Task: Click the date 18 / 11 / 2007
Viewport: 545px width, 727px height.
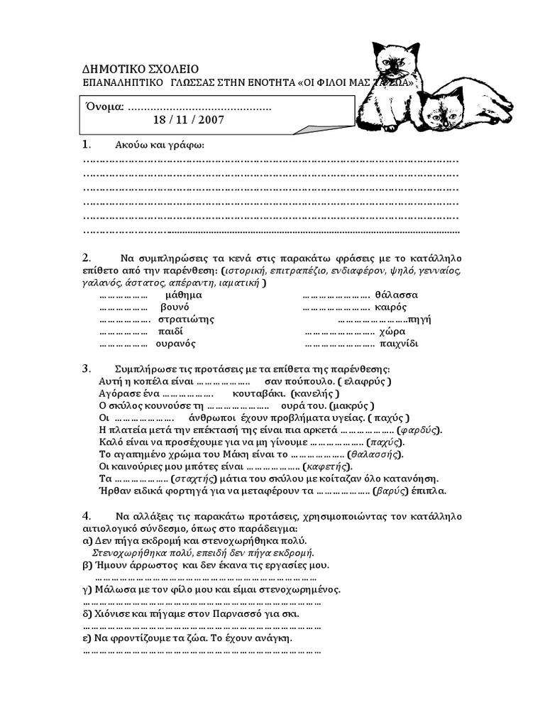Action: [187, 121]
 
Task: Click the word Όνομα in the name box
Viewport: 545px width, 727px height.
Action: [105, 106]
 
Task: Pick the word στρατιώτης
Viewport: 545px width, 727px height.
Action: [186, 319]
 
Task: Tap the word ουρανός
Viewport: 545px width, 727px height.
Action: [175, 344]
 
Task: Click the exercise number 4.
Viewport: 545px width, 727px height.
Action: [86, 515]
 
